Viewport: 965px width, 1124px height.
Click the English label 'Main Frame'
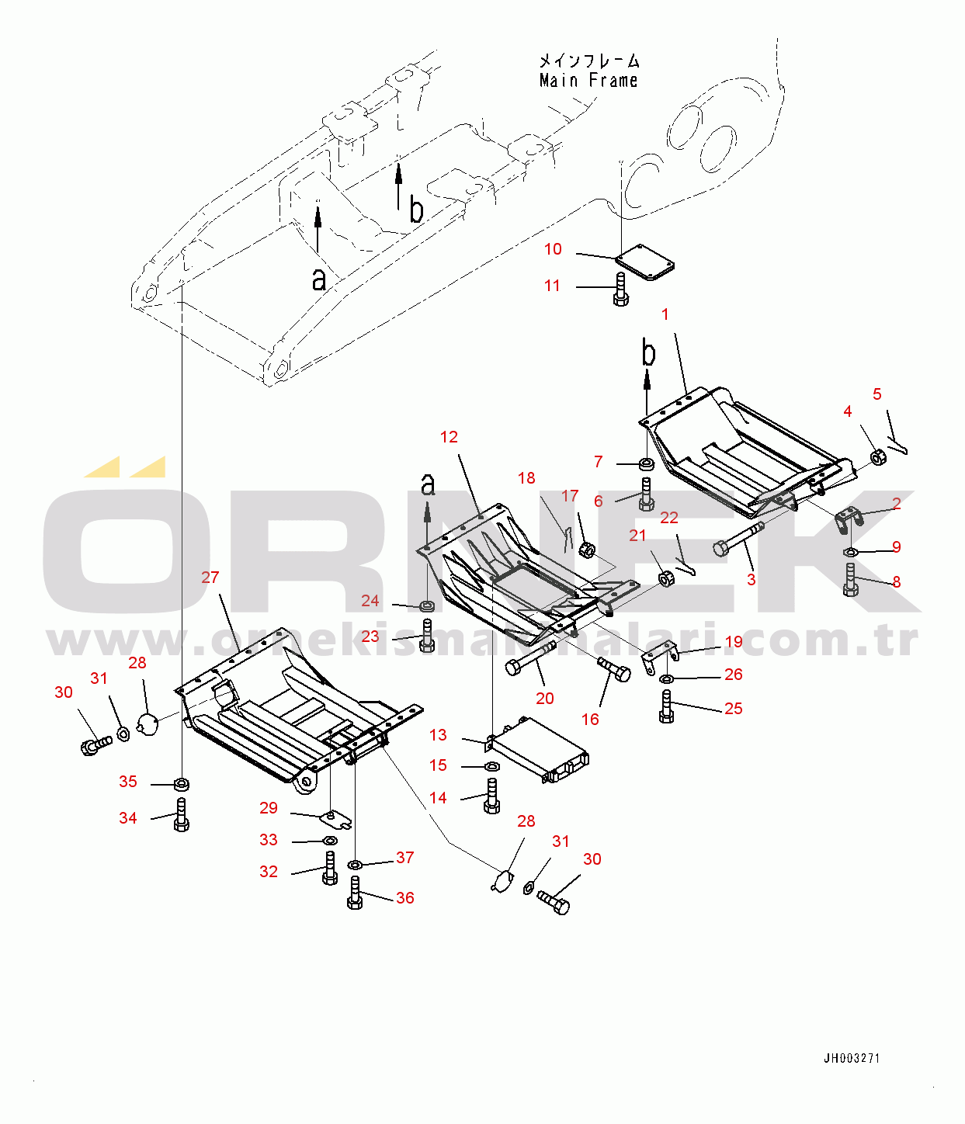click(x=588, y=81)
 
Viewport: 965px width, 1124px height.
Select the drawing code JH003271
click(x=852, y=1058)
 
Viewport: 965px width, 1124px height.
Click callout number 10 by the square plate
click(x=553, y=249)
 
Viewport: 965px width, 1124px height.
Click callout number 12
click(x=449, y=437)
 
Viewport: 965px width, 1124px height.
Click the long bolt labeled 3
click(x=738, y=539)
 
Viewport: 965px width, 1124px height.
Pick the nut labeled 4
click(x=879, y=456)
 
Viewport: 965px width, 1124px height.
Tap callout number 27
click(x=210, y=577)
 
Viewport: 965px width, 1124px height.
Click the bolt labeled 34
click(x=181, y=814)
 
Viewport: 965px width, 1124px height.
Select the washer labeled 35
click(x=182, y=784)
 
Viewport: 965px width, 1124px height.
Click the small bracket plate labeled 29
click(x=335, y=820)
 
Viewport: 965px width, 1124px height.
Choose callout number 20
click(x=544, y=698)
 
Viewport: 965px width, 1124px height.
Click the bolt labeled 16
click(x=614, y=669)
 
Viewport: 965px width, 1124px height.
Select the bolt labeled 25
click(x=666, y=706)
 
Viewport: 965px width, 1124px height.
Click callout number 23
click(x=370, y=636)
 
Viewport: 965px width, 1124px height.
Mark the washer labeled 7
click(x=647, y=464)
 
